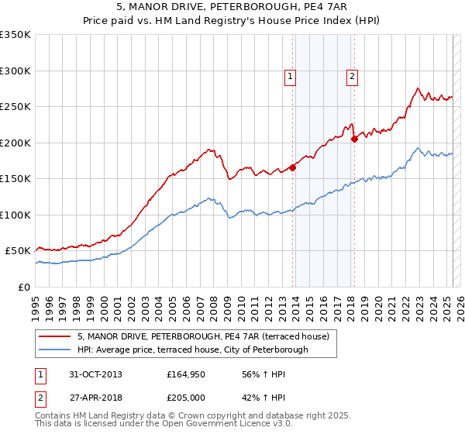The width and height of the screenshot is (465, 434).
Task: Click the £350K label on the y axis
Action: click(15, 35)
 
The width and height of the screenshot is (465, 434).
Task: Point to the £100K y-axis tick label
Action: click(15, 215)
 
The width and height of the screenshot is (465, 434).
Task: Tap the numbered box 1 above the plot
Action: click(290, 76)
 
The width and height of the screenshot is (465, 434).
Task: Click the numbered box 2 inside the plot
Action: click(352, 76)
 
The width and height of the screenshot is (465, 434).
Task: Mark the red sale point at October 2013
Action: click(293, 167)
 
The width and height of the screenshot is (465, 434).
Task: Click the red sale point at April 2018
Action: click(354, 139)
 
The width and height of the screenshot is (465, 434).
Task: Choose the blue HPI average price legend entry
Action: click(192, 350)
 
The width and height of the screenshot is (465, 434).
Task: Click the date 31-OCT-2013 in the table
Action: click(90, 374)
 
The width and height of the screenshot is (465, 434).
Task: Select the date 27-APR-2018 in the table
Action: click(90, 396)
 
